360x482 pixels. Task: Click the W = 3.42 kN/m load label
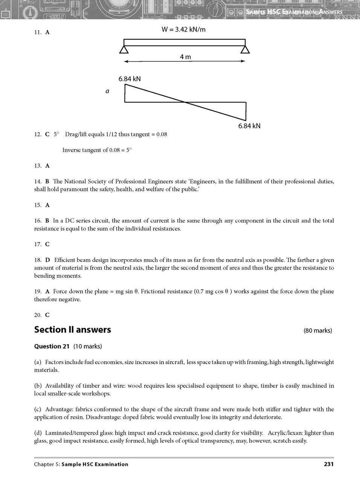tap(183, 29)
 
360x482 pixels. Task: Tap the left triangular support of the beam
tap(125, 50)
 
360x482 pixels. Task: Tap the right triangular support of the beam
tap(246, 50)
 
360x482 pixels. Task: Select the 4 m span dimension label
tap(185, 57)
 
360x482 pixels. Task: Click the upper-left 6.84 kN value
tap(130, 79)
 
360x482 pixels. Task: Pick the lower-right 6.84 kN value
tap(249, 126)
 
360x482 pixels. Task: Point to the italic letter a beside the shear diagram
tap(107, 91)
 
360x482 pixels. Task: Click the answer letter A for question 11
tap(47, 32)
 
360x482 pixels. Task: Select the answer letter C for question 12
tap(47, 134)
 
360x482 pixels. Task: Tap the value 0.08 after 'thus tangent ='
tap(162, 134)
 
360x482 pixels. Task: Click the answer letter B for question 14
tap(47, 182)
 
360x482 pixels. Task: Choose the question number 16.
tap(38, 221)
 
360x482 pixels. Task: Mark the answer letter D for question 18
tap(47, 260)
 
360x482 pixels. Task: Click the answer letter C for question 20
tap(47, 315)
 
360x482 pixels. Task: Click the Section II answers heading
tap(72, 329)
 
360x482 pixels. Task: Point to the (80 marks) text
tap(318, 331)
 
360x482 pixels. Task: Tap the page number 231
tap(329, 464)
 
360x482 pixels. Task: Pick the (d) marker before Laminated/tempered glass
tap(38, 433)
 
